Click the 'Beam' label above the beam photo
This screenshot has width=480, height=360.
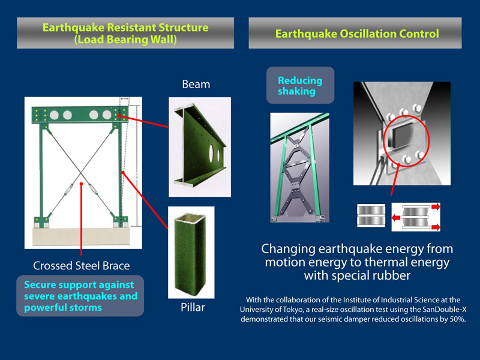point(196,84)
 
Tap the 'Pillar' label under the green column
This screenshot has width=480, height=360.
point(193,307)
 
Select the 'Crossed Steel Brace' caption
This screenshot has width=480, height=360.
point(81,265)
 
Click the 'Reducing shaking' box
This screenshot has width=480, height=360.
point(301,85)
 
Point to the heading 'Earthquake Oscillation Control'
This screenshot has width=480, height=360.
point(357,34)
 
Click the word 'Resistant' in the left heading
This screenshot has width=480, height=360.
point(131,28)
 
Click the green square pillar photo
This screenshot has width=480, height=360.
point(191,252)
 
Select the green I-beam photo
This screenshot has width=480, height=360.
point(200,146)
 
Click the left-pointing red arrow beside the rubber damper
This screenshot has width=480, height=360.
point(397,218)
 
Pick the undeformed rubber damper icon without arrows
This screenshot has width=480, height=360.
point(371,216)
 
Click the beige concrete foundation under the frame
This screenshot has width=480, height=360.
point(81,236)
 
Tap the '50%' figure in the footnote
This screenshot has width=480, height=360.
point(458,319)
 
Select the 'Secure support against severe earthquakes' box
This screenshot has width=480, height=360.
point(80,296)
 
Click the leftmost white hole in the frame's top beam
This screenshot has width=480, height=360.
point(54,115)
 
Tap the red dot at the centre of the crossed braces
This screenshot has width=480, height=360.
point(81,184)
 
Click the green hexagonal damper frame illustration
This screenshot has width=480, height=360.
point(299,167)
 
